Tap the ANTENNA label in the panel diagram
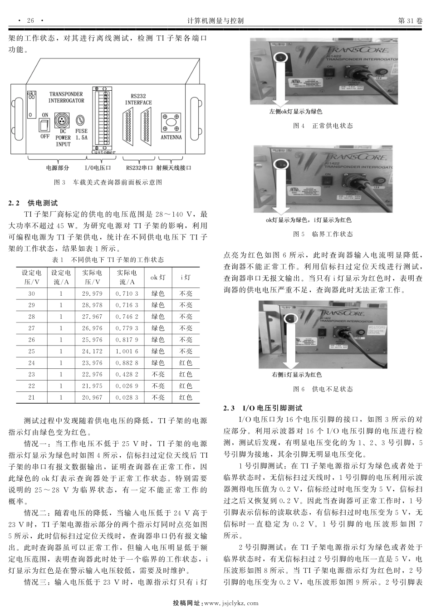(171, 137)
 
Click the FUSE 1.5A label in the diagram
(81, 134)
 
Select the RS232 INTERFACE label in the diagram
(138, 99)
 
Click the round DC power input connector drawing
(61, 120)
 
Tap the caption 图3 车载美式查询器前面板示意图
(108, 182)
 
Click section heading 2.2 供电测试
(33, 203)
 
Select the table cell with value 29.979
(92, 294)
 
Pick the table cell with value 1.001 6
(127, 351)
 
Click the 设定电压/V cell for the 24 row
(31, 363)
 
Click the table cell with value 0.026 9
(127, 386)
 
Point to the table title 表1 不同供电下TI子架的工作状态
(108, 260)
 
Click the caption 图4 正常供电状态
(323, 126)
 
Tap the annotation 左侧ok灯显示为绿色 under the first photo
(295, 112)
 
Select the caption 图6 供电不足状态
(323, 389)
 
